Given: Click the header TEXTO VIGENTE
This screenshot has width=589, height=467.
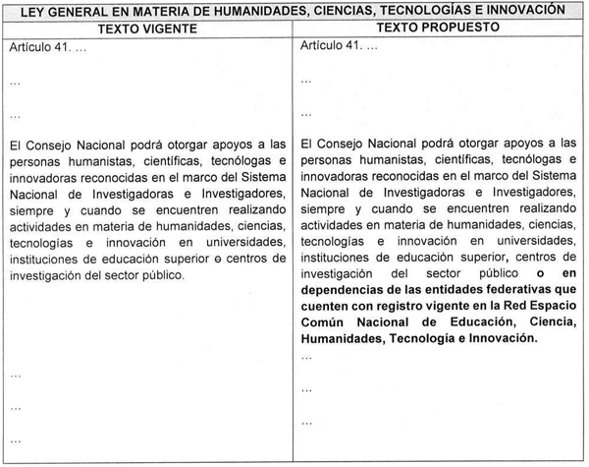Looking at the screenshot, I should tap(150, 29).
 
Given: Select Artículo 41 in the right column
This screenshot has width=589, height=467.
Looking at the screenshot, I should tap(334, 46).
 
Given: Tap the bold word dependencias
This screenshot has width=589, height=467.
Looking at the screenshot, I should tap(344, 290).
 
